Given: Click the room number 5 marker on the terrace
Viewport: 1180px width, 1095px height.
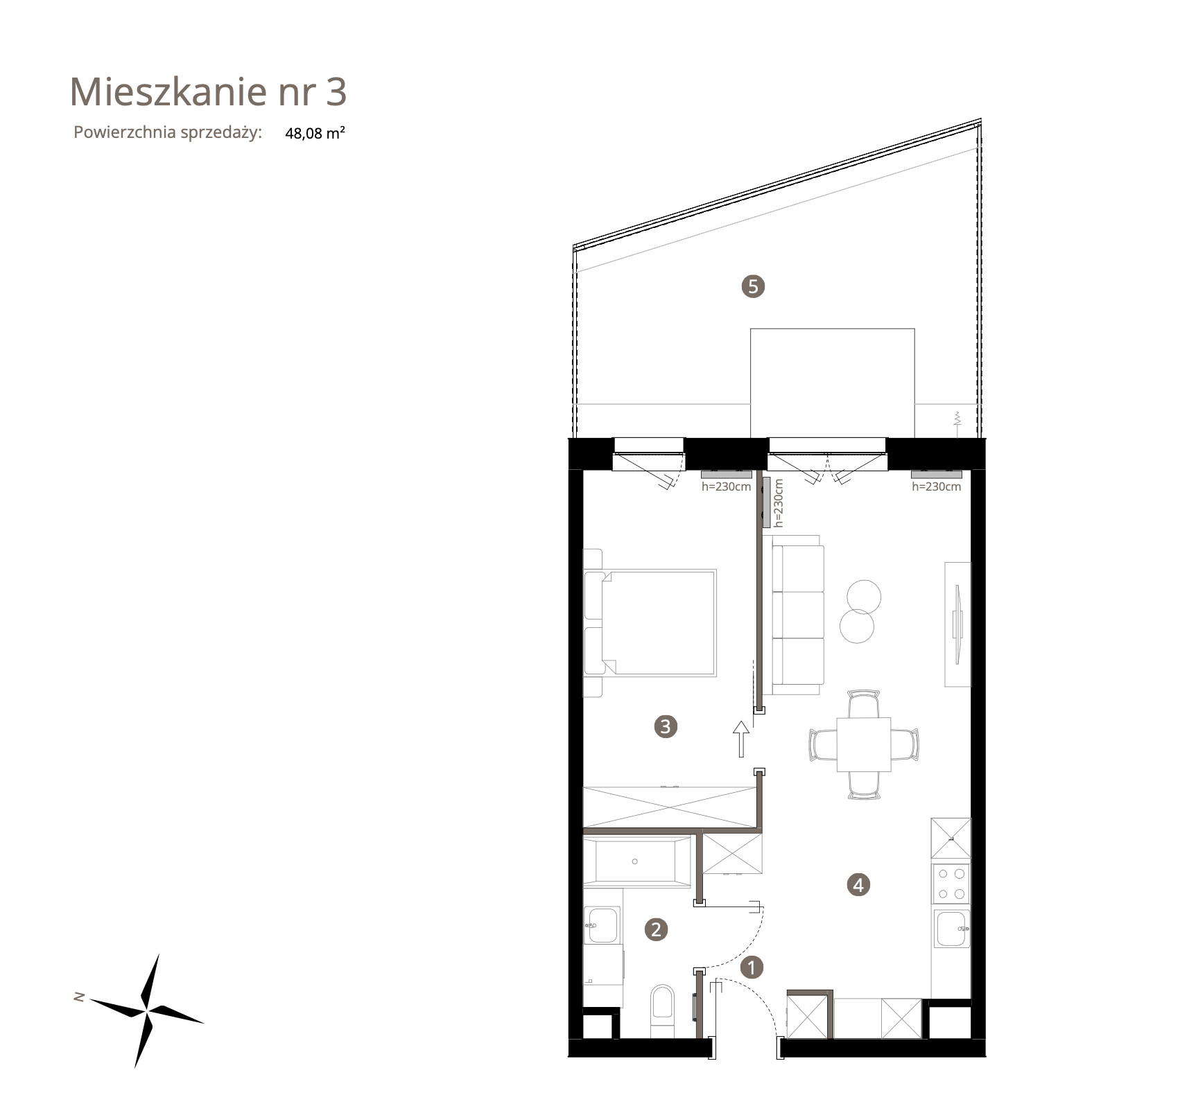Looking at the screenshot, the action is click(753, 286).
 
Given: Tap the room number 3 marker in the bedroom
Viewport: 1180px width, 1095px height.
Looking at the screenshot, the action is click(666, 726).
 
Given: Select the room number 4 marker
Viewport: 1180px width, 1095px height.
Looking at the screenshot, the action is click(858, 884).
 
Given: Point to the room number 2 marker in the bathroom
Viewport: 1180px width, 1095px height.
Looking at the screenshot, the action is click(656, 929).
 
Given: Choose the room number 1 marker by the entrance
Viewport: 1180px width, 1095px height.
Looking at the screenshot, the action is click(752, 967).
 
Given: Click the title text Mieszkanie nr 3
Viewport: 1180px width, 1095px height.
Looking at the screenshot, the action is click(208, 91).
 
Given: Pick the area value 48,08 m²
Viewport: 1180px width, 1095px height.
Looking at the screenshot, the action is click(315, 133).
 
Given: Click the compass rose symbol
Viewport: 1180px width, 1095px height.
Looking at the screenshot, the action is click(147, 1010).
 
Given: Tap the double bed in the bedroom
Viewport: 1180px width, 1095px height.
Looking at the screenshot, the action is click(650, 622).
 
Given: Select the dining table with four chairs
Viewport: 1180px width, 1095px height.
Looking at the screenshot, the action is click(864, 744).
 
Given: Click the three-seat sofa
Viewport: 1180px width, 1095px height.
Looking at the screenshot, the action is click(797, 614).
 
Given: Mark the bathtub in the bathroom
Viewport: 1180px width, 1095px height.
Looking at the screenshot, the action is click(637, 861).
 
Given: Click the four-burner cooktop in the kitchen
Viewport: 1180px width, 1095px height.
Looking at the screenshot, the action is click(951, 883).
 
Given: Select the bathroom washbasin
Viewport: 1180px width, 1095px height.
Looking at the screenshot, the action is click(602, 925).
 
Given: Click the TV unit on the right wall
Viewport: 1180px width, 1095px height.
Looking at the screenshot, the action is click(957, 624).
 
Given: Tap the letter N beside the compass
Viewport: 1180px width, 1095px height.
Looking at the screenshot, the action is click(79, 997).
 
